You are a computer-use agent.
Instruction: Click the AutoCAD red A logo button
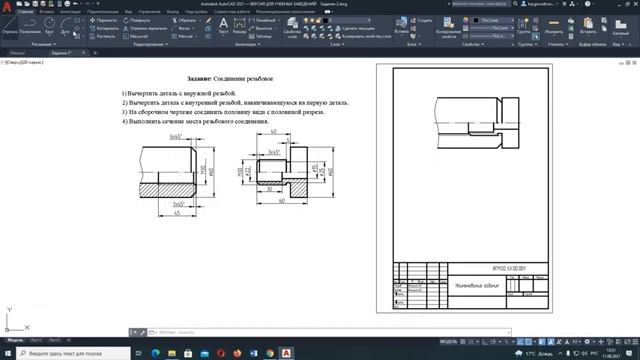click(x=8, y=8)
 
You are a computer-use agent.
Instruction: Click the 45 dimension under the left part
click(x=177, y=212)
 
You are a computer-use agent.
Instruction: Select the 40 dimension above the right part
click(x=273, y=131)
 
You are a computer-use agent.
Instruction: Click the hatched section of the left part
click(x=176, y=187)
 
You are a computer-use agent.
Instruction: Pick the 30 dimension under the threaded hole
click(x=268, y=187)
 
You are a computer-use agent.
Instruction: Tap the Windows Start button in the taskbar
click(x=8, y=353)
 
